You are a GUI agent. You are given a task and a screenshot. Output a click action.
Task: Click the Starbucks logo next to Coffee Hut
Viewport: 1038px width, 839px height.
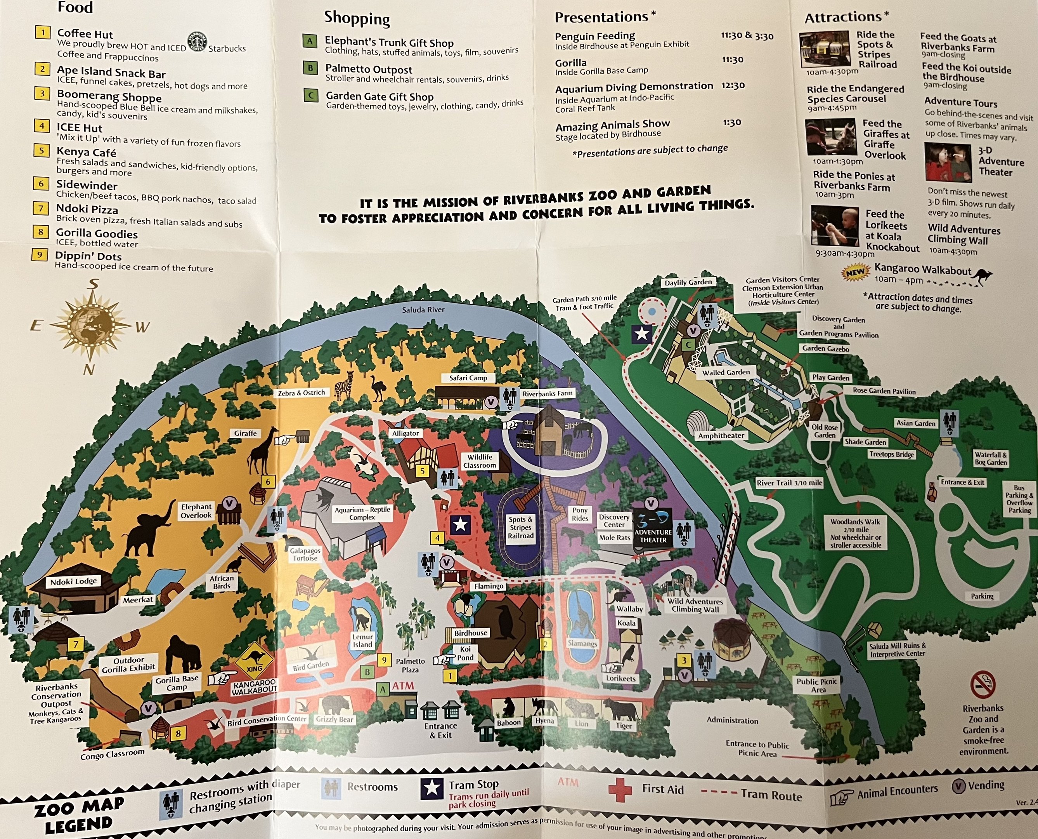click(197, 42)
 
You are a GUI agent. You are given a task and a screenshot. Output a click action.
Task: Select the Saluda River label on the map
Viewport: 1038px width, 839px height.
click(423, 309)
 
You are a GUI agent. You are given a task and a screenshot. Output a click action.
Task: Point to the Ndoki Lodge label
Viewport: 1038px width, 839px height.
click(73, 581)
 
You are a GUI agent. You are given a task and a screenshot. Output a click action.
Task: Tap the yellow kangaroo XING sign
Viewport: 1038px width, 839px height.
click(253, 662)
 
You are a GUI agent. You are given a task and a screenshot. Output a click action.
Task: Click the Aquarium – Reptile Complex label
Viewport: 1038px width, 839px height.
click(362, 513)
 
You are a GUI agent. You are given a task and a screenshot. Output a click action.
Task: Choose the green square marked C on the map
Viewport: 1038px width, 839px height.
click(689, 345)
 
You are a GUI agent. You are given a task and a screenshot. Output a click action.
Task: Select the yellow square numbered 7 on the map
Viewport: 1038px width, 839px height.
click(75, 644)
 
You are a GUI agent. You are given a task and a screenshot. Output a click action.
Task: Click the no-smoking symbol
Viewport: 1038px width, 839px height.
click(983, 685)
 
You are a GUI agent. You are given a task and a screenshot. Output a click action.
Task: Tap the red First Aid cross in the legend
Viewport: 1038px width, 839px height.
click(620, 790)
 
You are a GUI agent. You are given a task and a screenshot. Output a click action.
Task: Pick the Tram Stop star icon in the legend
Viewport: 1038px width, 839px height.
click(431, 788)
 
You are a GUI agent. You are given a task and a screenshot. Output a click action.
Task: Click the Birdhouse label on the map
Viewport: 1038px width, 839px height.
click(471, 633)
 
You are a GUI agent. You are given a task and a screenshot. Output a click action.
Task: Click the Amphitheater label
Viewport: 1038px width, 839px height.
click(721, 435)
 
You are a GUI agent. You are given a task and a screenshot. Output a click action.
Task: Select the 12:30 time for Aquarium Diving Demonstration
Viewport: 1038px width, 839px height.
click(733, 85)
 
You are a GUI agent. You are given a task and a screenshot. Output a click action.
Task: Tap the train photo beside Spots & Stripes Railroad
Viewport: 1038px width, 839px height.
click(825, 49)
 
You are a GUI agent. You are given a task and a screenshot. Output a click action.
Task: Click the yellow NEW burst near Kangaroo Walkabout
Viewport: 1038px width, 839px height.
click(855, 273)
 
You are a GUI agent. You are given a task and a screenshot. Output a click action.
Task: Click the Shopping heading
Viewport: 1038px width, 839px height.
click(357, 18)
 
